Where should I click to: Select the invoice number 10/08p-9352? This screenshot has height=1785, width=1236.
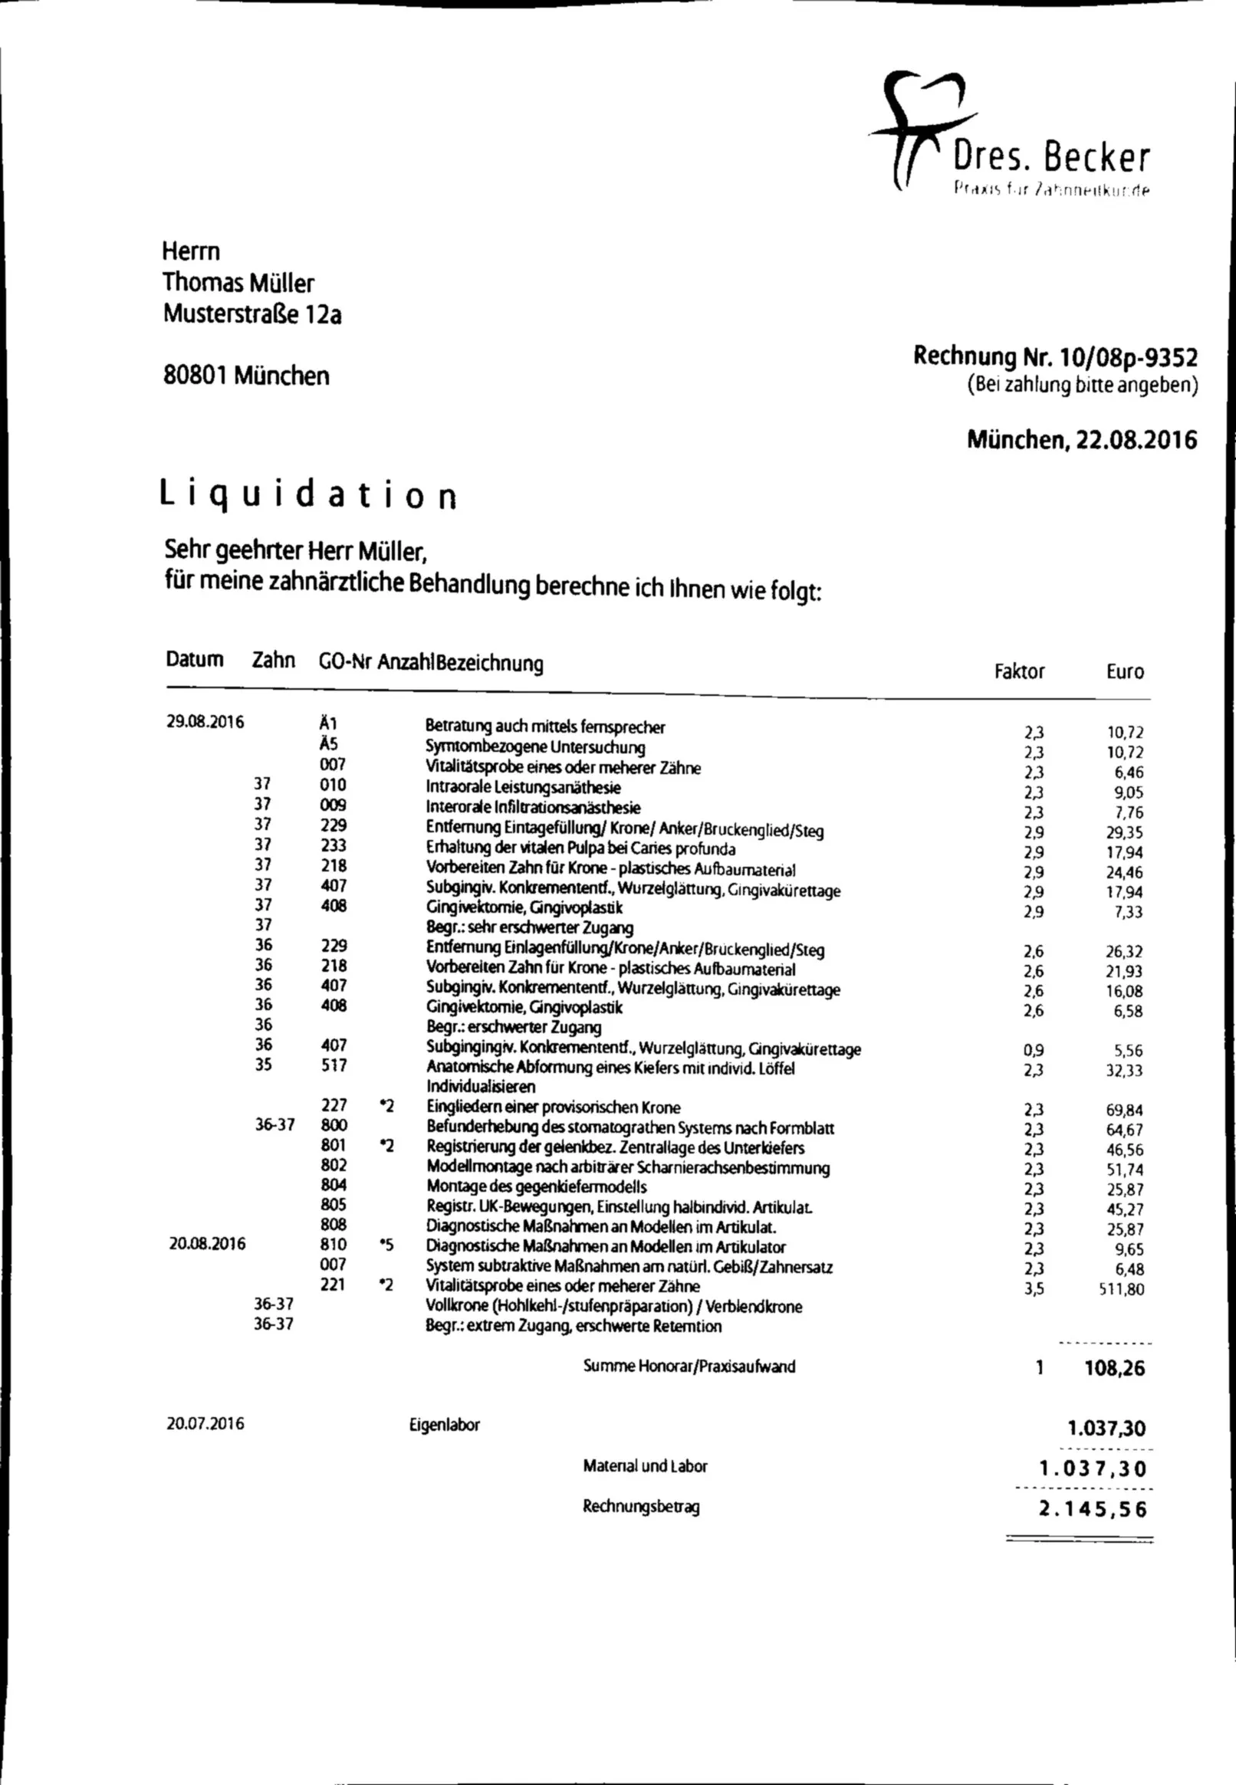(1128, 357)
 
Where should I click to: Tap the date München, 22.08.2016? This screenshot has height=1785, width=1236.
(1081, 440)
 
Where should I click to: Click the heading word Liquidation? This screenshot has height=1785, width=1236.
(308, 495)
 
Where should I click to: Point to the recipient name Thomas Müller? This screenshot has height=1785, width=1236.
(238, 283)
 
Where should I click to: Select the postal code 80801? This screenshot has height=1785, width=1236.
(196, 376)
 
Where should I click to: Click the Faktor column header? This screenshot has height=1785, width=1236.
(1019, 671)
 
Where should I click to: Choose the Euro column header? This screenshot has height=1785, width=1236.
(1125, 671)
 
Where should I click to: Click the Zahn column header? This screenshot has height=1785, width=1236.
(274, 661)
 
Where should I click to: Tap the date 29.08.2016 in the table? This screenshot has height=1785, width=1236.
(205, 722)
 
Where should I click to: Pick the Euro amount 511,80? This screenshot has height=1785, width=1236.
(1121, 1290)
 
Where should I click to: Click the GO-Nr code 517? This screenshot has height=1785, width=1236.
(334, 1065)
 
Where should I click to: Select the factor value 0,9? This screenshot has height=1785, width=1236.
(1033, 1051)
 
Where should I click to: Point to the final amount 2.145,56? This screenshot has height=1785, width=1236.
(1092, 1508)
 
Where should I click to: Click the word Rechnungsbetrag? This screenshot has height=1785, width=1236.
(640, 1507)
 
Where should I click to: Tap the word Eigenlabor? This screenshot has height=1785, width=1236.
(445, 1425)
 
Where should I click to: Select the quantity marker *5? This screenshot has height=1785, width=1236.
(387, 1245)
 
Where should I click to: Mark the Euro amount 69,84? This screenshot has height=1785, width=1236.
(1125, 1110)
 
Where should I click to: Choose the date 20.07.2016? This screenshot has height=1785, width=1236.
(205, 1423)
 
